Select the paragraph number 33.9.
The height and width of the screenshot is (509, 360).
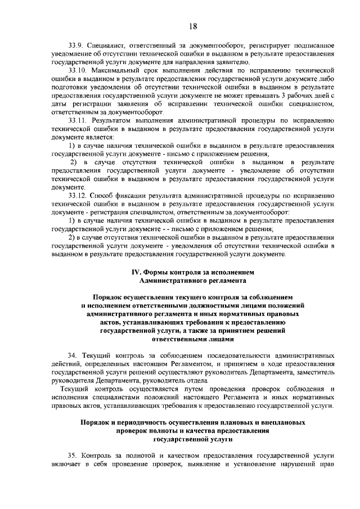(x=76, y=45)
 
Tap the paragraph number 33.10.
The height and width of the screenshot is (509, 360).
(x=78, y=70)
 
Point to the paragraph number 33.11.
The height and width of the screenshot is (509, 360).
(x=78, y=120)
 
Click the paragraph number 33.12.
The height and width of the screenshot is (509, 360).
(x=78, y=196)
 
